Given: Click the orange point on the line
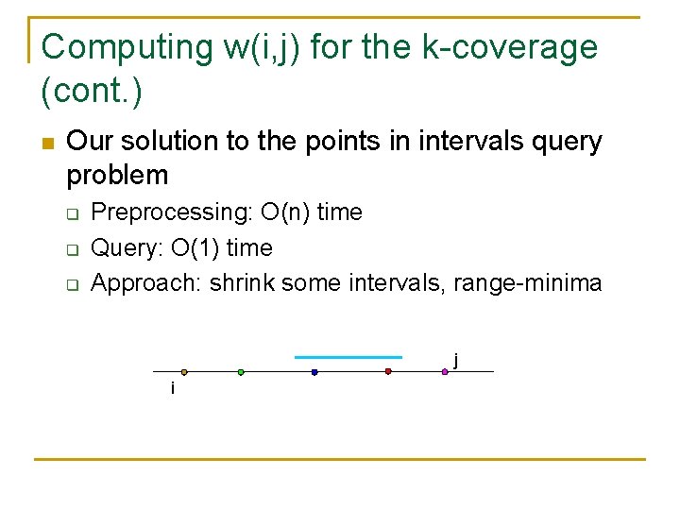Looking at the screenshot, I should coord(184,372).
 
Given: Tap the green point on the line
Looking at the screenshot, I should coord(241,372).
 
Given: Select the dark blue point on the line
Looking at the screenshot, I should coord(314,372).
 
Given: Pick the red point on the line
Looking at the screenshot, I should coord(388,372).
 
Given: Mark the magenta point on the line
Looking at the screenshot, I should coord(445,372).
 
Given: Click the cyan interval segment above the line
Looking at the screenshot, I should coord(348,357).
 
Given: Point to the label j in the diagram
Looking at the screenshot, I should coord(456,359).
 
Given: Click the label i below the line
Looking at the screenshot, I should coord(172,388).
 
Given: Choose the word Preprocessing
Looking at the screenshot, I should coord(171,212).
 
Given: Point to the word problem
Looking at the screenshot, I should coord(117,176).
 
